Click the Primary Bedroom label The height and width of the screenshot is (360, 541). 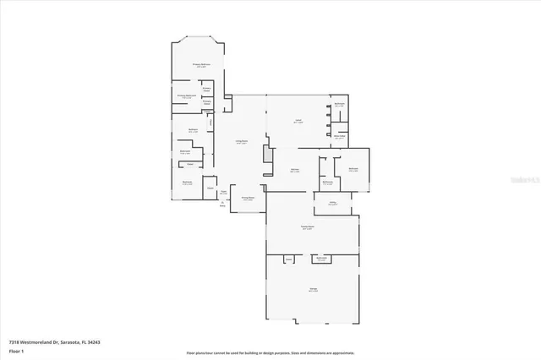pyautogui.click(x=199, y=64)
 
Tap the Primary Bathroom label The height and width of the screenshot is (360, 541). pyautogui.click(x=188, y=96)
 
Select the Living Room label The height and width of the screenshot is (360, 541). pyautogui.click(x=241, y=142)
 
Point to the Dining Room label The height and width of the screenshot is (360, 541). pyautogui.click(x=249, y=199)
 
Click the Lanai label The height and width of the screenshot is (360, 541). pyautogui.click(x=298, y=121)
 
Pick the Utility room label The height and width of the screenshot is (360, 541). pyautogui.click(x=333, y=203)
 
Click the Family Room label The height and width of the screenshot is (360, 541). pyautogui.click(x=308, y=228)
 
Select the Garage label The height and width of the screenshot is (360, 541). pyautogui.click(x=313, y=290)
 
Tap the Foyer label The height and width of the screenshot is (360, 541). pyautogui.click(x=223, y=193)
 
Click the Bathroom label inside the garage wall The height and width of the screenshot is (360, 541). pyautogui.click(x=321, y=259)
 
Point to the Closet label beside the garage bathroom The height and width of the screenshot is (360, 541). pyautogui.click(x=288, y=259)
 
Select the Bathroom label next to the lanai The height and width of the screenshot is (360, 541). pyautogui.click(x=339, y=104)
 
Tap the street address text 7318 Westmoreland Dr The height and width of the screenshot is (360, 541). pyautogui.click(x=40, y=341)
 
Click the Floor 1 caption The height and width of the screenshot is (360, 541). pyautogui.click(x=16, y=349)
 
